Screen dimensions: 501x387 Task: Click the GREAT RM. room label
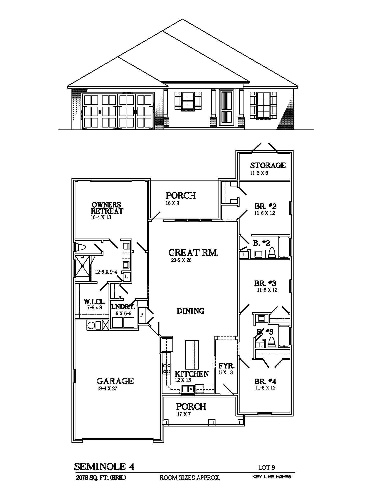click(x=193, y=252)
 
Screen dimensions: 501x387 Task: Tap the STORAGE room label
click(x=268, y=165)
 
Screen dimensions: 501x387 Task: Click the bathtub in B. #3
click(x=284, y=336)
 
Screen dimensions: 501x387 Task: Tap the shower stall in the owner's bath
click(x=82, y=266)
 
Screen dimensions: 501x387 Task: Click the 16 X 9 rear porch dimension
click(x=172, y=203)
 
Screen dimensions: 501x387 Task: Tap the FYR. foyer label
click(x=226, y=366)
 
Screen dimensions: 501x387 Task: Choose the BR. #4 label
click(x=265, y=381)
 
